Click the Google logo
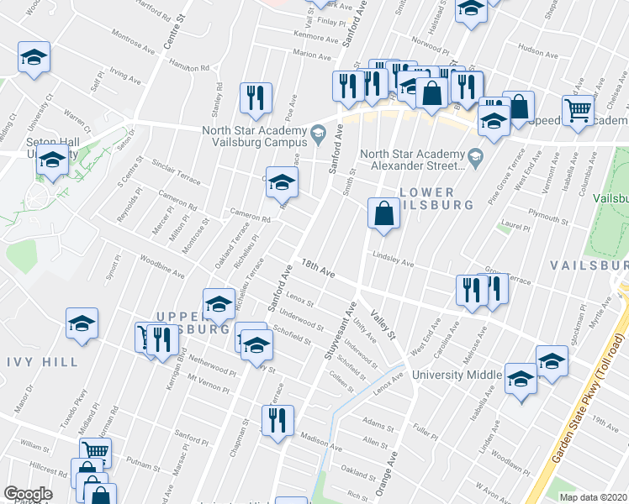coord(28,494)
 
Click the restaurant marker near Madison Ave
coord(277,421)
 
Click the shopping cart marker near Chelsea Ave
coord(579,109)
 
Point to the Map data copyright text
coord(593,497)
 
